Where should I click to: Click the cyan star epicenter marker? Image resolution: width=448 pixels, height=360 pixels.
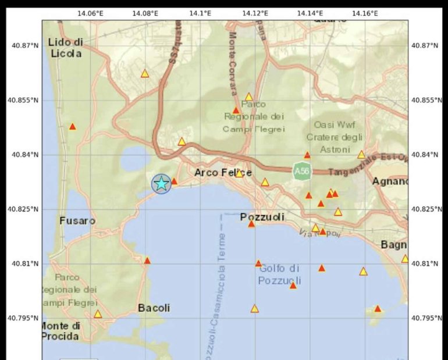pyautogui.click(x=161, y=184)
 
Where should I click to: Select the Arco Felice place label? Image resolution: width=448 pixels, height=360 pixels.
pyautogui.click(x=223, y=173)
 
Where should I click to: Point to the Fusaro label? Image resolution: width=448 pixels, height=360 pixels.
pyautogui.click(x=77, y=221)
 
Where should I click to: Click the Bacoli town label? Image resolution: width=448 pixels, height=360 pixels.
pyautogui.click(x=154, y=308)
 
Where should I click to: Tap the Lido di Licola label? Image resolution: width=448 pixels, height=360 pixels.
pyautogui.click(x=65, y=48)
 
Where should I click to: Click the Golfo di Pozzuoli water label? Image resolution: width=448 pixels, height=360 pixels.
pyautogui.click(x=279, y=275)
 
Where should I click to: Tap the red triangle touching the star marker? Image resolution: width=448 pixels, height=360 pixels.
pyautogui.click(x=174, y=181)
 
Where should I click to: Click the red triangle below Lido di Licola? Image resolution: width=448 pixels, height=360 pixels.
pyautogui.click(x=73, y=127)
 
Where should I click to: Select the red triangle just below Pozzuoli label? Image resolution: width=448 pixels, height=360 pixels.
pyautogui.click(x=251, y=224)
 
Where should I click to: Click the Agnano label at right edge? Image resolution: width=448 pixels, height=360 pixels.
pyautogui.click(x=390, y=181)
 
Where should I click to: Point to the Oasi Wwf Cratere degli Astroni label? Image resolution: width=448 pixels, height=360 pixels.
pyautogui.click(x=335, y=137)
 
